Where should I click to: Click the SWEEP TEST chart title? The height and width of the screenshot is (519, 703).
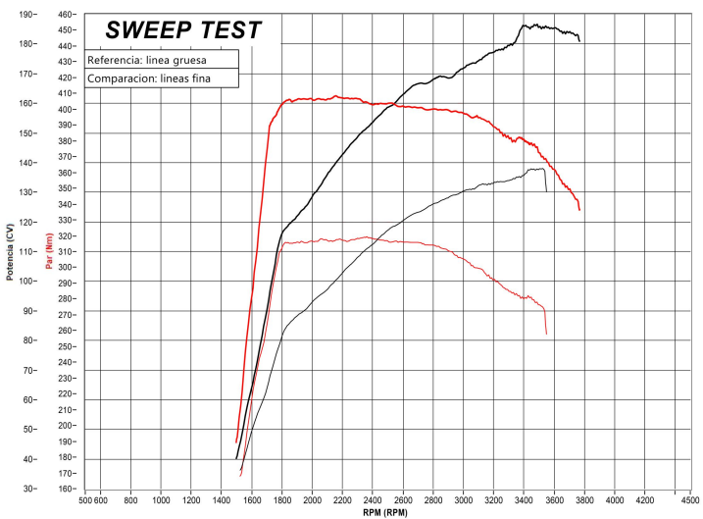click(x=183, y=30)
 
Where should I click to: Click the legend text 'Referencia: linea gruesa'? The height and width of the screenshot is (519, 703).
click(x=147, y=60)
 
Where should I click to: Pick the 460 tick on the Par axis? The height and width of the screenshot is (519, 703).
click(x=67, y=15)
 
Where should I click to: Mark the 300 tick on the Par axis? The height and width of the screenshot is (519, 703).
click(x=67, y=267)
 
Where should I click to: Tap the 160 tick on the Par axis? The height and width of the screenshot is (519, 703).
click(x=67, y=489)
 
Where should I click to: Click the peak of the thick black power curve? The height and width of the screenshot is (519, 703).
click(x=526, y=25)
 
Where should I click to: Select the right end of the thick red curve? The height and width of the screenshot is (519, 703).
click(x=579, y=209)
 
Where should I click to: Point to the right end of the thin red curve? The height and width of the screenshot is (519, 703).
click(x=546, y=334)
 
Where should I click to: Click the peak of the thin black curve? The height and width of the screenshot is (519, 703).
click(x=540, y=169)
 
